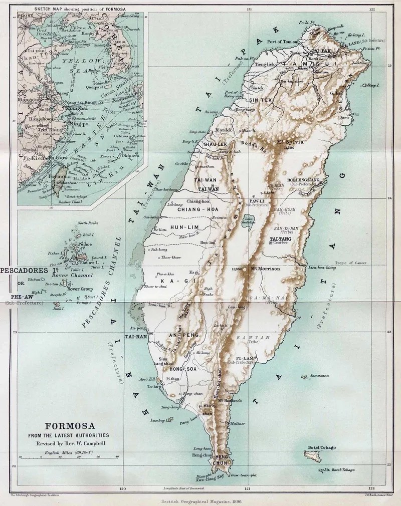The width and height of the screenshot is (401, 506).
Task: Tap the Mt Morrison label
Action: (x=264, y=269)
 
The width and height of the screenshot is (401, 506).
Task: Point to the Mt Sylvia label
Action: (x=288, y=142)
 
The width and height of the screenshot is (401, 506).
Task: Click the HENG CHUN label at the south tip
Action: (x=222, y=459)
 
